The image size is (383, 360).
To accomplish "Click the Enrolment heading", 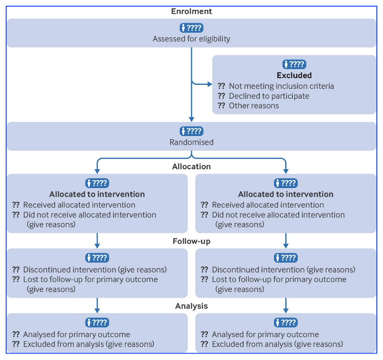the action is point(191,11).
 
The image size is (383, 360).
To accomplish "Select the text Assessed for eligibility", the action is point(191,39).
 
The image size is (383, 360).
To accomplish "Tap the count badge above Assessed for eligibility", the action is point(191,28).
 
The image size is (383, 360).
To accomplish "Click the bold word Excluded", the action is point(294,75).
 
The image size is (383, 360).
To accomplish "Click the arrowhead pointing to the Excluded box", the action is point(210,84).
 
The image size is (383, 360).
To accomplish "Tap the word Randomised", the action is point(191,142).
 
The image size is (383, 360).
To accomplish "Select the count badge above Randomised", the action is point(191,131).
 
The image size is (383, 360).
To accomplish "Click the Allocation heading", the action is point(191,167).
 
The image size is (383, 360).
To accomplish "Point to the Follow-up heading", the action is point(191,241).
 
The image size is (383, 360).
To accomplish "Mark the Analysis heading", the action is point(191,306).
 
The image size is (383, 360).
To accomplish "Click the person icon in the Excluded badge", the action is point(286,65).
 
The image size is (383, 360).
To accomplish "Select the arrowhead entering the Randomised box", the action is point(191,119).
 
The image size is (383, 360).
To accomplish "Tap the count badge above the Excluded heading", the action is point(294,65).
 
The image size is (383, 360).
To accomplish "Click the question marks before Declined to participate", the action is point(221,96).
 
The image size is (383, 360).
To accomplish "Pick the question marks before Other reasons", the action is point(221,105).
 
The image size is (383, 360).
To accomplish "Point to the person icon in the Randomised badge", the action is point(183,131).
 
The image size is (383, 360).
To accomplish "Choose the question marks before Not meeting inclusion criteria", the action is point(221,86).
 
